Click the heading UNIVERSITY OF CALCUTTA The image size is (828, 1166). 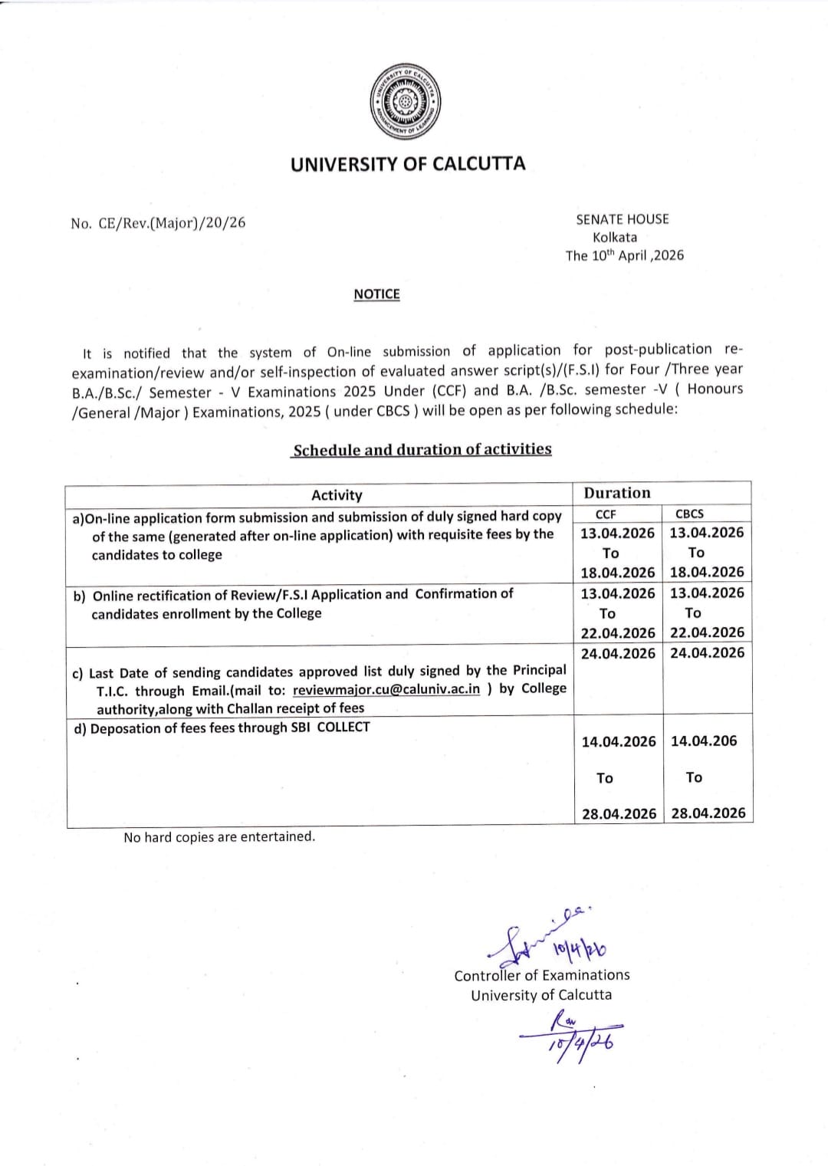click(x=408, y=164)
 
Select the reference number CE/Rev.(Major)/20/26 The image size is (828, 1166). click(x=172, y=223)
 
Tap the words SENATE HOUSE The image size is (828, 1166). click(x=623, y=219)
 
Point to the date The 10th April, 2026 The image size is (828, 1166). click(x=624, y=256)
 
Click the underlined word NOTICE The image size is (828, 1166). click(x=376, y=294)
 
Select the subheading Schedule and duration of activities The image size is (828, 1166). click(x=422, y=450)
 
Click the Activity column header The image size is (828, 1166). click(x=337, y=495)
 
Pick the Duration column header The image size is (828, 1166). click(x=617, y=493)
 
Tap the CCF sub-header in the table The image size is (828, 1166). click(x=606, y=514)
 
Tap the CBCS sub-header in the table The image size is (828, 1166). click(x=689, y=514)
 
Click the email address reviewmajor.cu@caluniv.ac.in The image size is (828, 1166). click(x=386, y=689)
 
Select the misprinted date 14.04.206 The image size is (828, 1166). click(x=704, y=741)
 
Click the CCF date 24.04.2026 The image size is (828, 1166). click(x=618, y=654)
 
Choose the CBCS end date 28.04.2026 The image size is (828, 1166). click(x=708, y=813)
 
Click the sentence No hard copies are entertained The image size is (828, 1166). click(x=219, y=837)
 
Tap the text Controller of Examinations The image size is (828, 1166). click(x=541, y=976)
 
